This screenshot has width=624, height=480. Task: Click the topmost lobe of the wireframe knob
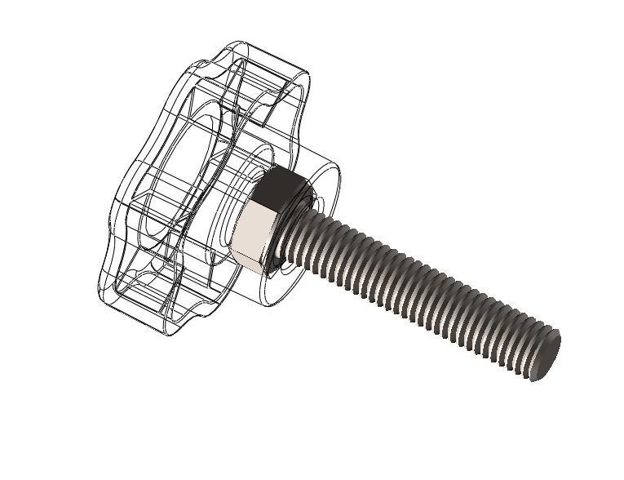[269, 57]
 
